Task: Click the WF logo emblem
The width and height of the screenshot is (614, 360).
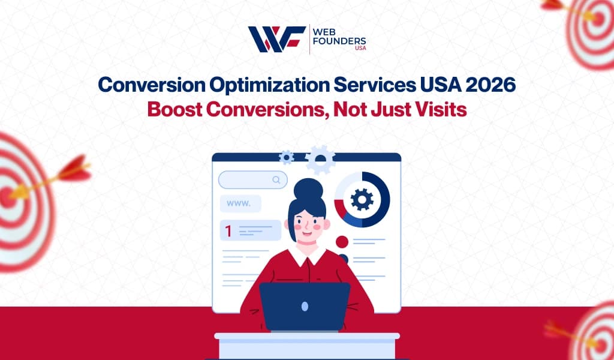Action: [277, 39]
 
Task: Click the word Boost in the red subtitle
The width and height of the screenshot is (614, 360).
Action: [174, 110]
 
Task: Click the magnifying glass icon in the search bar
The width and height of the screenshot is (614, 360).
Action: [276, 180]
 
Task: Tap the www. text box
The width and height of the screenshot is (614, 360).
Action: [240, 203]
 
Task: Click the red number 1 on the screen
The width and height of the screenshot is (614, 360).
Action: [228, 231]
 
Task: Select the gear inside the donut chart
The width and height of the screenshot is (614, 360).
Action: [362, 200]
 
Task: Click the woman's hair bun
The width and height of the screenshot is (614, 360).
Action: [308, 189]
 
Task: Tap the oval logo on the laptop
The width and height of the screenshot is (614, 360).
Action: [305, 306]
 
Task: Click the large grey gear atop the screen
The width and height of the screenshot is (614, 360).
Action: [320, 160]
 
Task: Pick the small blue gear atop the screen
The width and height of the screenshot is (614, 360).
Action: [286, 157]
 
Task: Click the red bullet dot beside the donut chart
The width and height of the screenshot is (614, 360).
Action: [342, 242]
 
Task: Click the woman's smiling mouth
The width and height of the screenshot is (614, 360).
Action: [307, 234]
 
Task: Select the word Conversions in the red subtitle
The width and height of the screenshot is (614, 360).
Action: [267, 110]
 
